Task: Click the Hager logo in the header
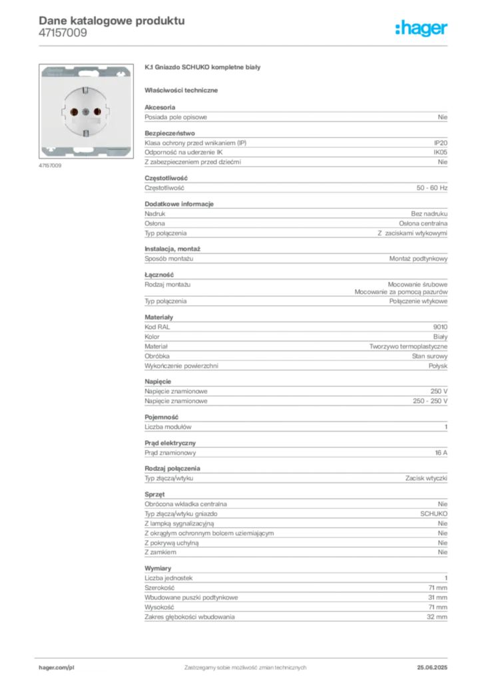(421, 28)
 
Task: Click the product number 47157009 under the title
(63, 33)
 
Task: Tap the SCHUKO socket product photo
(86, 111)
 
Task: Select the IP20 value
(440, 143)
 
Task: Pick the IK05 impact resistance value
(440, 152)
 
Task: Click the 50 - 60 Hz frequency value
(431, 188)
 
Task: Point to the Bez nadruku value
(429, 213)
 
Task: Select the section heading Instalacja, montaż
(172, 249)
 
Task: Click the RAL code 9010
(440, 327)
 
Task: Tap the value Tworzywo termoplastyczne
(408, 346)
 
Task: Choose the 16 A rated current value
(441, 453)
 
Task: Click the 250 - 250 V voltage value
(430, 401)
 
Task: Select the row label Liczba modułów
(168, 427)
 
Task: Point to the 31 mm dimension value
(437, 598)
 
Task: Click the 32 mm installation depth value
(437, 617)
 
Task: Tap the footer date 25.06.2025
(432, 668)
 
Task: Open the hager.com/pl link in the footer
(57, 668)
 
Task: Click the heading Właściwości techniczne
(181, 90)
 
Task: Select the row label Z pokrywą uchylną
(172, 543)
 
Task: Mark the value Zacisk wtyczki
(426, 478)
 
